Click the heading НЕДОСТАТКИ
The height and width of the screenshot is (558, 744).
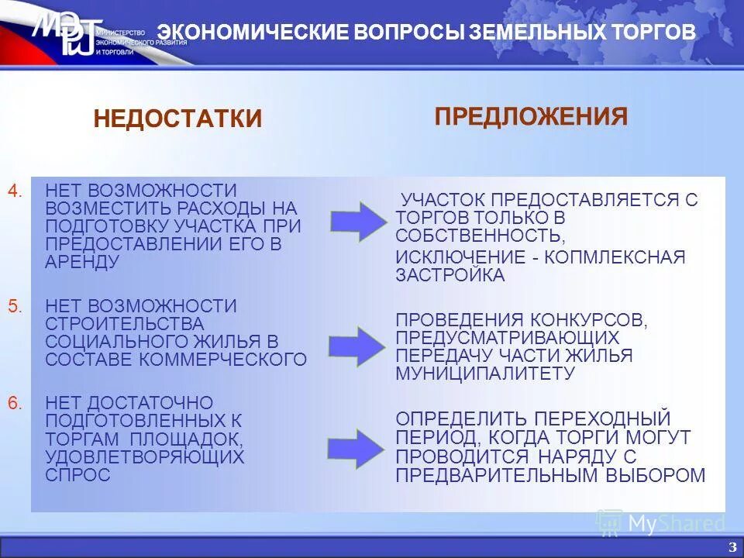pos(177,119)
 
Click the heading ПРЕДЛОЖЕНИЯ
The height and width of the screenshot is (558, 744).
pos(531,116)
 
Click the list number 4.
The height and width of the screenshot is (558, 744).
pos(15,191)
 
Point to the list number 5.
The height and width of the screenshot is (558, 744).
pos(15,306)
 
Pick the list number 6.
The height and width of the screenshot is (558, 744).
pos(15,403)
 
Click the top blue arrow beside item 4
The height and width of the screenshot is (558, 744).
pos(358,221)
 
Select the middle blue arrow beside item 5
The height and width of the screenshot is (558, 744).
pos(356,346)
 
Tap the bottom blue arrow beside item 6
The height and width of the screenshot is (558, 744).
pos(356,448)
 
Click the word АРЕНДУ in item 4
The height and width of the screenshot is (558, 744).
pos(82,261)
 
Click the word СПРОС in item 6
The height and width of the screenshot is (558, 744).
pos(77,474)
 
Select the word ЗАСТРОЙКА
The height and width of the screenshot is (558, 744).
pos(450,275)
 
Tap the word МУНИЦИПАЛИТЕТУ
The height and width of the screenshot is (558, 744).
pos(485,373)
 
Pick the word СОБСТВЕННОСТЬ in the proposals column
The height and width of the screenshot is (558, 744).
pos(478,235)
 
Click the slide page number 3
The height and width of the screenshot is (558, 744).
pos(732,547)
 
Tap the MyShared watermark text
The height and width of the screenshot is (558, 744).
pos(675,524)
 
